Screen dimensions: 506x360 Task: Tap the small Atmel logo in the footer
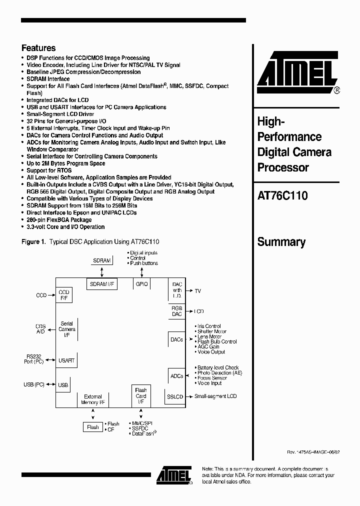pos(173,475)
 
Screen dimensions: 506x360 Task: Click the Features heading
pos(38,48)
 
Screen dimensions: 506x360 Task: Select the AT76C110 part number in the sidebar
pos(282,196)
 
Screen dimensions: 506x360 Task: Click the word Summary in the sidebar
pos(281,242)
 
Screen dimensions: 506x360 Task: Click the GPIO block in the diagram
pos(140,284)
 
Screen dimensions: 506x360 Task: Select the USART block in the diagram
pos(66,359)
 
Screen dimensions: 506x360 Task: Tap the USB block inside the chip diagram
pos(63,385)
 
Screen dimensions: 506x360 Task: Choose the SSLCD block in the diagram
pos(174,396)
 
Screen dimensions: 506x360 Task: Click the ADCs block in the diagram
pos(176,376)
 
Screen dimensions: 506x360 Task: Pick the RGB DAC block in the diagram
pos(176,311)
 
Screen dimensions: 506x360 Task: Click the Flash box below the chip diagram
pos(93,427)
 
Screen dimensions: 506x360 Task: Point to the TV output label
pos(197,290)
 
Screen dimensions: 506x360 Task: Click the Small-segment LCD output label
pos(215,396)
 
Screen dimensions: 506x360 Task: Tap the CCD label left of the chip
pos(41,295)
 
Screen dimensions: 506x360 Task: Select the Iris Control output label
pos(209,326)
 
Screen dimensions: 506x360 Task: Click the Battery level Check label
pos(218,367)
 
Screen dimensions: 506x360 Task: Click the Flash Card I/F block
pos(141,395)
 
